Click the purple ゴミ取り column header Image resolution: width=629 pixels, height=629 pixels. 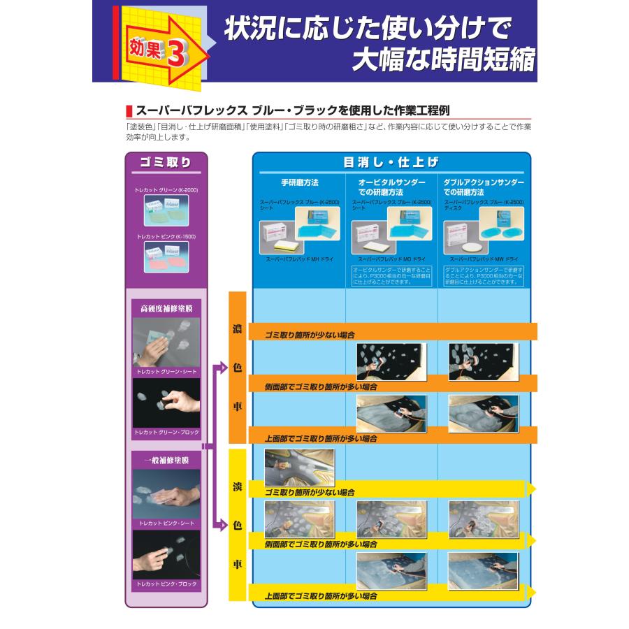pyautogui.click(x=166, y=162)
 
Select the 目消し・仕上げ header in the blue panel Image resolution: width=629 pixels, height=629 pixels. pyautogui.click(x=391, y=162)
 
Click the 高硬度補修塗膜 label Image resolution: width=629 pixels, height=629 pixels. pyautogui.click(x=166, y=308)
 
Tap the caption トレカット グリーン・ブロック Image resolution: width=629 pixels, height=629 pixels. pyautogui.click(x=166, y=433)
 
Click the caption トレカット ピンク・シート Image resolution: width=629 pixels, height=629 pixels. pyautogui.click(x=166, y=523)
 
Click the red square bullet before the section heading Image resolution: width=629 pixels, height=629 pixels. pyautogui.click(x=129, y=110)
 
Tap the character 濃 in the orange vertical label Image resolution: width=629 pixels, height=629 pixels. pyautogui.click(x=237, y=328)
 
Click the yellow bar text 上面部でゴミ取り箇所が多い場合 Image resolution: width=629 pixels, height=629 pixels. pyautogui.click(x=321, y=596)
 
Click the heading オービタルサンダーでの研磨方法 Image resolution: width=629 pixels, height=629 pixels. pyautogui.click(x=391, y=187)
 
